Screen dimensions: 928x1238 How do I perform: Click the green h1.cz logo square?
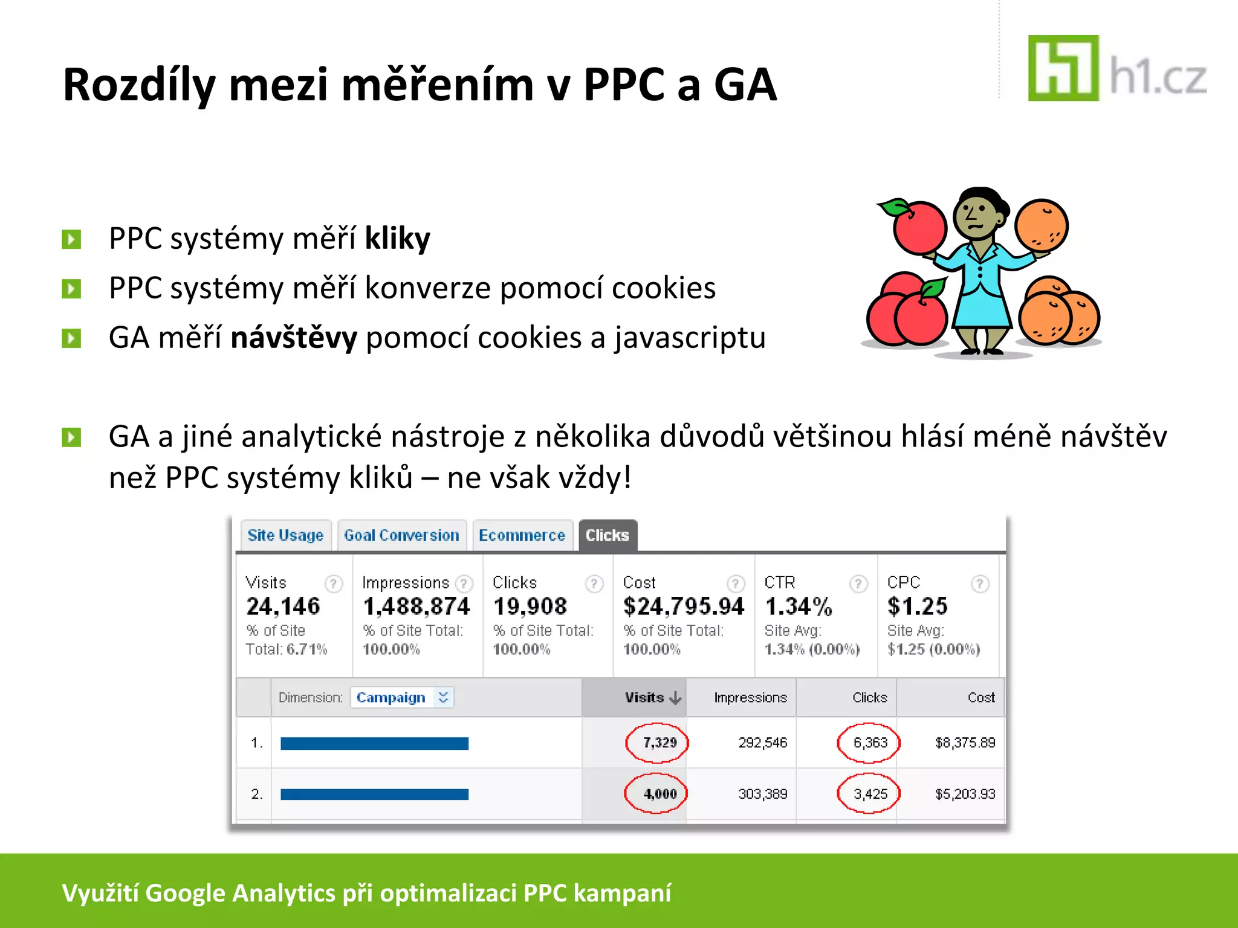[x=1063, y=68]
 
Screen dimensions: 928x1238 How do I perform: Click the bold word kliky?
[x=397, y=238]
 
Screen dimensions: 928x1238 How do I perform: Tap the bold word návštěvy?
[x=294, y=337]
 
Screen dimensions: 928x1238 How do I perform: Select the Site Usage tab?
[x=285, y=535]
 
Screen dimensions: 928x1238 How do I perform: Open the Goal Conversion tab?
[x=401, y=535]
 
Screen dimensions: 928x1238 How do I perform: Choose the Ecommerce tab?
[x=522, y=535]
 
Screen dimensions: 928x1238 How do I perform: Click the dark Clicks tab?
[x=608, y=535]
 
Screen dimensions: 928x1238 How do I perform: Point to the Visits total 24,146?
[x=283, y=606]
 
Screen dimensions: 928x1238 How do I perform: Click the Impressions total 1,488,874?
[x=416, y=606]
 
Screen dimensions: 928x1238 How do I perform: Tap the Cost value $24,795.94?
[x=683, y=606]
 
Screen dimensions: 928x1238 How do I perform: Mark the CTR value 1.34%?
[x=799, y=606]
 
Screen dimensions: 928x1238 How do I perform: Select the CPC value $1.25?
[x=917, y=606]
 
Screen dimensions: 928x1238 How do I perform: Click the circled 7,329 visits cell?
[x=658, y=743]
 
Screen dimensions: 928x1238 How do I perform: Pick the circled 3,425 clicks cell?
[x=869, y=793]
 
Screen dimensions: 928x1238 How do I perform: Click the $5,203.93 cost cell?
[x=965, y=793]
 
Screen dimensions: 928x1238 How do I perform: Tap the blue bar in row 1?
[x=374, y=743]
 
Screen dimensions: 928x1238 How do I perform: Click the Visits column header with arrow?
[x=652, y=697]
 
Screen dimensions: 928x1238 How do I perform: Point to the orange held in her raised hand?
[x=1041, y=225]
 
